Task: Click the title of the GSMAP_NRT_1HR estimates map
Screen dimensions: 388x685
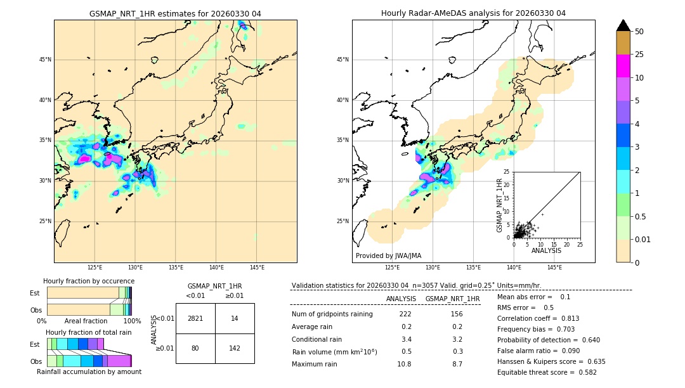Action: click(175, 13)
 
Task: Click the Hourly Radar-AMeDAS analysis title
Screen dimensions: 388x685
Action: click(473, 13)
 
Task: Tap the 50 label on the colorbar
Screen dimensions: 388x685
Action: click(639, 32)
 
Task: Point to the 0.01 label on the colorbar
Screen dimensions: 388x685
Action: click(643, 239)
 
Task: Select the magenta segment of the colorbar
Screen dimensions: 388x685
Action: click(623, 66)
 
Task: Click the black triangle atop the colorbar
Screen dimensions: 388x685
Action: click(623, 25)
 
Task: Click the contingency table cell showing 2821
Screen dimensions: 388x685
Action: click(195, 318)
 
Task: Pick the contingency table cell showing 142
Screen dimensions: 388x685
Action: click(235, 348)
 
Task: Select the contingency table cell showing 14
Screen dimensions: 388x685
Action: click(235, 318)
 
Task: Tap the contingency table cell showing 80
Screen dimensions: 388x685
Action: click(195, 348)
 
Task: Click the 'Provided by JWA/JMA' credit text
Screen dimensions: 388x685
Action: click(388, 256)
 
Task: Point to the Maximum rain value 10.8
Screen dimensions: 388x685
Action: click(404, 364)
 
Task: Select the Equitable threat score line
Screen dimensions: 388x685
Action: click(547, 372)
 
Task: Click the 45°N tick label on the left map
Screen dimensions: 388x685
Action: click(45, 60)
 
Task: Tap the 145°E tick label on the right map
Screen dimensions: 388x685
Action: click(554, 268)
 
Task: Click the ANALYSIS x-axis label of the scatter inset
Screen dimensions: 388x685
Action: click(546, 250)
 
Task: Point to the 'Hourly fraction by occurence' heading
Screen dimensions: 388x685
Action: click(89, 281)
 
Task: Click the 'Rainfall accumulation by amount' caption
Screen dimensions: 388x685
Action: click(89, 372)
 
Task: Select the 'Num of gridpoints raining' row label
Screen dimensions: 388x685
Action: click(332, 314)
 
